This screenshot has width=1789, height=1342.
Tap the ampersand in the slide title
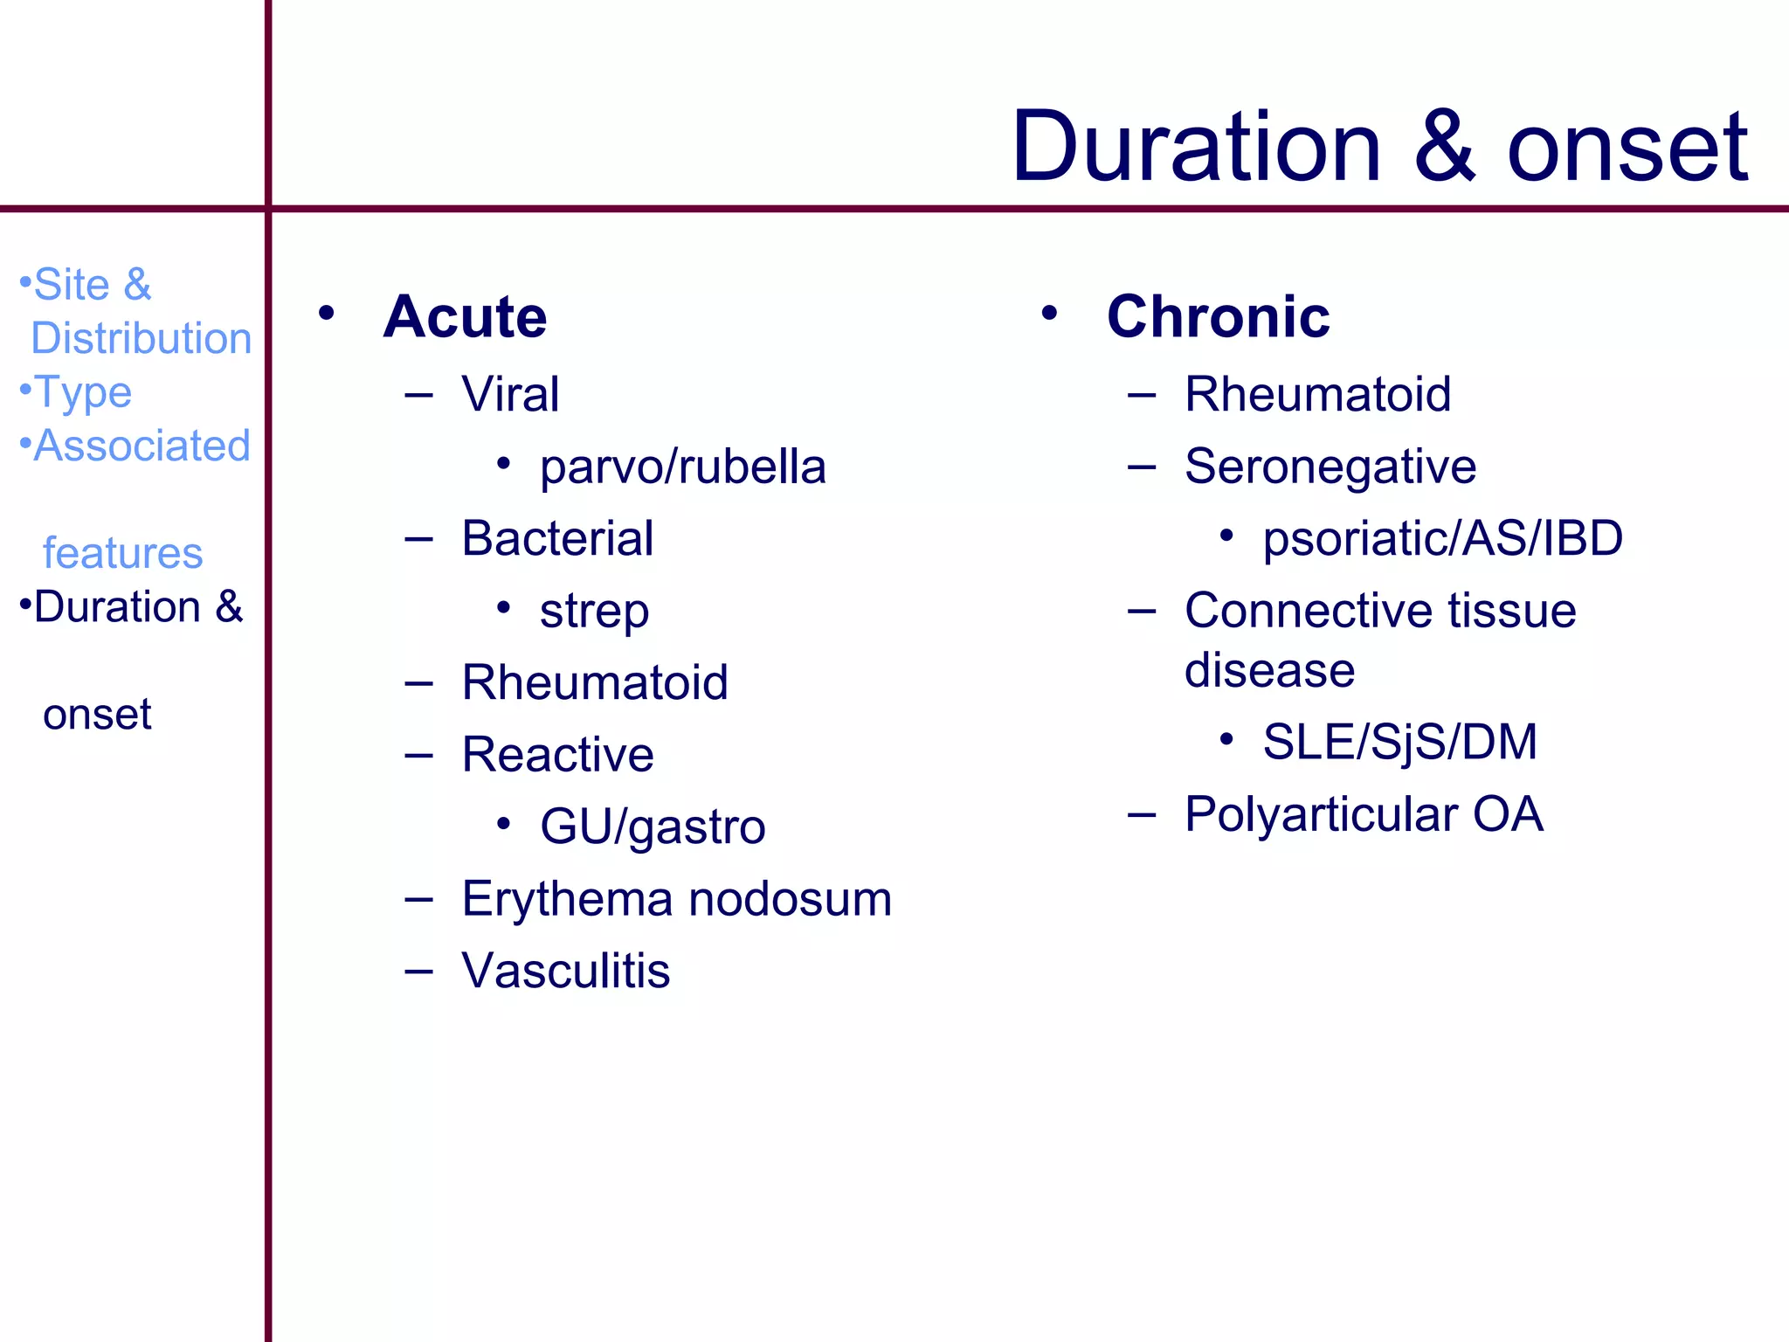1445,147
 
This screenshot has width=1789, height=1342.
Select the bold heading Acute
465,316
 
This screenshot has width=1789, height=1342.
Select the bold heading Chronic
1218,316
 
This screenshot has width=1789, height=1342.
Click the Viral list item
510,394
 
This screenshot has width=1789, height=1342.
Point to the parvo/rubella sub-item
682,467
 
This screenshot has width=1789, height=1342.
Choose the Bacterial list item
557,538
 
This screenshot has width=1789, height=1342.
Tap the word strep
594,611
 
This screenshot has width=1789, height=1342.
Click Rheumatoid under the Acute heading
595,682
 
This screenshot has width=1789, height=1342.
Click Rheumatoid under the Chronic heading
1317,394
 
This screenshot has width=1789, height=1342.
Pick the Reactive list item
557,755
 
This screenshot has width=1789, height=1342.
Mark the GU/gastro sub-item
653,827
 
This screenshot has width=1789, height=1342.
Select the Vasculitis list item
566,971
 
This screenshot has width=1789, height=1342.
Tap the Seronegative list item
1330,467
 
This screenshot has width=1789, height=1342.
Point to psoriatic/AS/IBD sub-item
1442,538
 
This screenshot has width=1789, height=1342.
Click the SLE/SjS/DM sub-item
1399,743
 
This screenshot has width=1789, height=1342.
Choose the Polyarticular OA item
1364,814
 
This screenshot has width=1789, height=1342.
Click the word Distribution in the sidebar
142,338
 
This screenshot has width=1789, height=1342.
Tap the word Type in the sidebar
83,392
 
